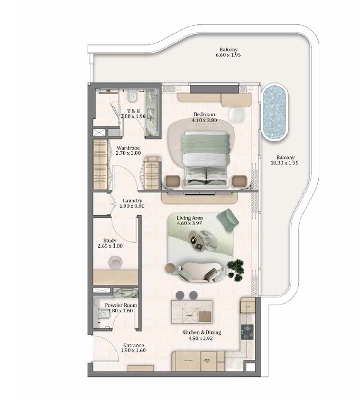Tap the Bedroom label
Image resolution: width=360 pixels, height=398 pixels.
coord(204,115)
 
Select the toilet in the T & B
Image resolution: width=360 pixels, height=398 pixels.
coord(132,96)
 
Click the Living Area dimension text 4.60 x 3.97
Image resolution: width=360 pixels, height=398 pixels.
coord(189,223)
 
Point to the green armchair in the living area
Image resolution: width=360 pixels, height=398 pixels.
coord(227,220)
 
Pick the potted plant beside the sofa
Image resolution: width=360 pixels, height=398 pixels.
coord(235,270)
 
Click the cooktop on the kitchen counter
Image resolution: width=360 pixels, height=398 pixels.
coord(247,332)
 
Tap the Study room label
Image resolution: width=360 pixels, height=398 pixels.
coord(110,240)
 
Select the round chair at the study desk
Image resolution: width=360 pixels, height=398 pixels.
coord(115,262)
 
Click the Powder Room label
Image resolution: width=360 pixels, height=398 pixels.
coord(121,306)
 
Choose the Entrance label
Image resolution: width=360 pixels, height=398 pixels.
coord(133,345)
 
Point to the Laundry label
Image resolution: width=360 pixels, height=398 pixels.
coord(132,201)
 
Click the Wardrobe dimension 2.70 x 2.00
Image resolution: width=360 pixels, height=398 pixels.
coord(128,153)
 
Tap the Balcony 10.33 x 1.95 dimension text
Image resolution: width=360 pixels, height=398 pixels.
coord(284,163)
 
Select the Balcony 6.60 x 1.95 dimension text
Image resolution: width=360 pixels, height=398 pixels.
coord(228,55)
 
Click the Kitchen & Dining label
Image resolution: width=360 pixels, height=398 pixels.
coord(201,332)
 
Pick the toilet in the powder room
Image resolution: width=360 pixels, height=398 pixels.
coord(103,314)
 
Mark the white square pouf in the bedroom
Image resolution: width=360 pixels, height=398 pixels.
coord(237,115)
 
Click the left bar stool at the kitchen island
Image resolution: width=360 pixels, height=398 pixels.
coord(180,295)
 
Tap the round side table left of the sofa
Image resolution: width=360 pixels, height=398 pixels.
coord(170,268)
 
